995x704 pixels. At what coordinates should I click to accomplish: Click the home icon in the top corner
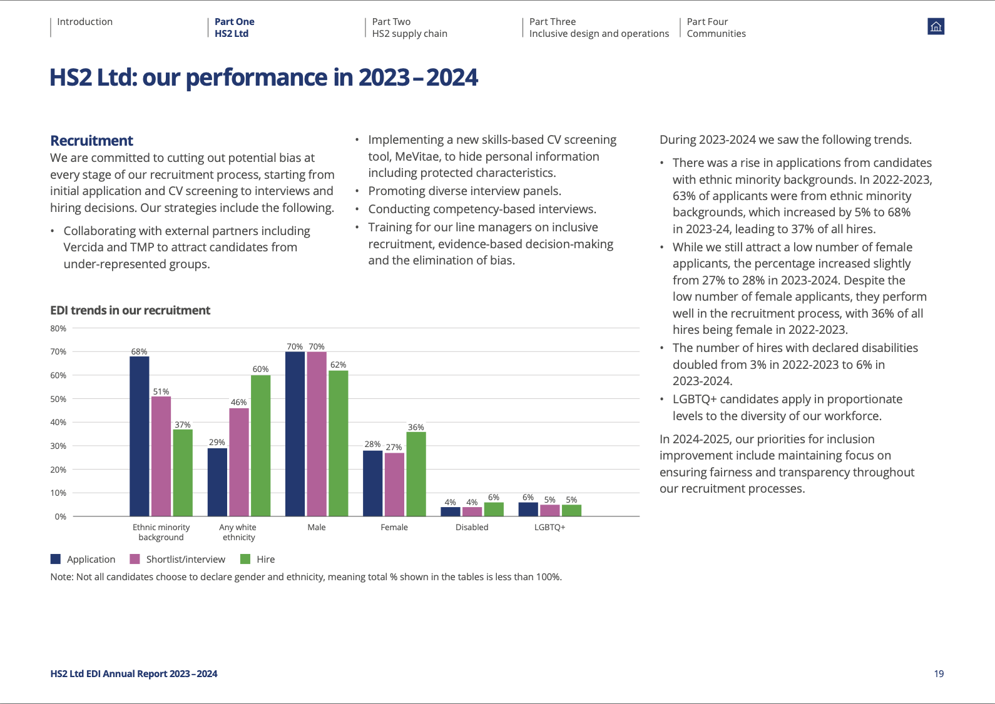pyautogui.click(x=936, y=26)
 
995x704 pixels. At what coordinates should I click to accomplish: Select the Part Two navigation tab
pyautogui.click(x=409, y=28)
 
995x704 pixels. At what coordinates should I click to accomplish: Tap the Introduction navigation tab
pyautogui.click(x=84, y=22)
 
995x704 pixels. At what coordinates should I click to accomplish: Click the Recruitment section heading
pyautogui.click(x=91, y=140)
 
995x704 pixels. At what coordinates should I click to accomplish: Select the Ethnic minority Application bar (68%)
pyautogui.click(x=140, y=436)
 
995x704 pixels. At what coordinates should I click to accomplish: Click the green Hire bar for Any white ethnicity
pyautogui.click(x=261, y=446)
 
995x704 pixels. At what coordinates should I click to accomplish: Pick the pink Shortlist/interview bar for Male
pyautogui.click(x=317, y=434)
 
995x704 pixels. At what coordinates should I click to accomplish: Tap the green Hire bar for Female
pyautogui.click(x=416, y=474)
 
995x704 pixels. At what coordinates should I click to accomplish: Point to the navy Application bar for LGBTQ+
pyautogui.click(x=528, y=509)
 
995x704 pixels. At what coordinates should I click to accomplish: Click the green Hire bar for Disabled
pyautogui.click(x=494, y=509)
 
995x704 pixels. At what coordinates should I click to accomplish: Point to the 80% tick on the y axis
pyautogui.click(x=58, y=328)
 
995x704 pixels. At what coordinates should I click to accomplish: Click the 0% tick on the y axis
pyautogui.click(x=61, y=516)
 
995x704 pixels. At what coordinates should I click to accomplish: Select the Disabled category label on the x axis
pyautogui.click(x=472, y=527)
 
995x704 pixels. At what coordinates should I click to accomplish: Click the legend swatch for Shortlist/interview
pyautogui.click(x=135, y=559)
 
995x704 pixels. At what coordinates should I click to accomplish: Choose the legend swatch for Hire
pyautogui.click(x=245, y=559)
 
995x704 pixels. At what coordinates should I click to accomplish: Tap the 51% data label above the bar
pyautogui.click(x=161, y=391)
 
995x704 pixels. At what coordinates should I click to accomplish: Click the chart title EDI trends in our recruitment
pyautogui.click(x=130, y=310)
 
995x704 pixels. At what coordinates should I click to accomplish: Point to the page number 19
pyautogui.click(x=939, y=674)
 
